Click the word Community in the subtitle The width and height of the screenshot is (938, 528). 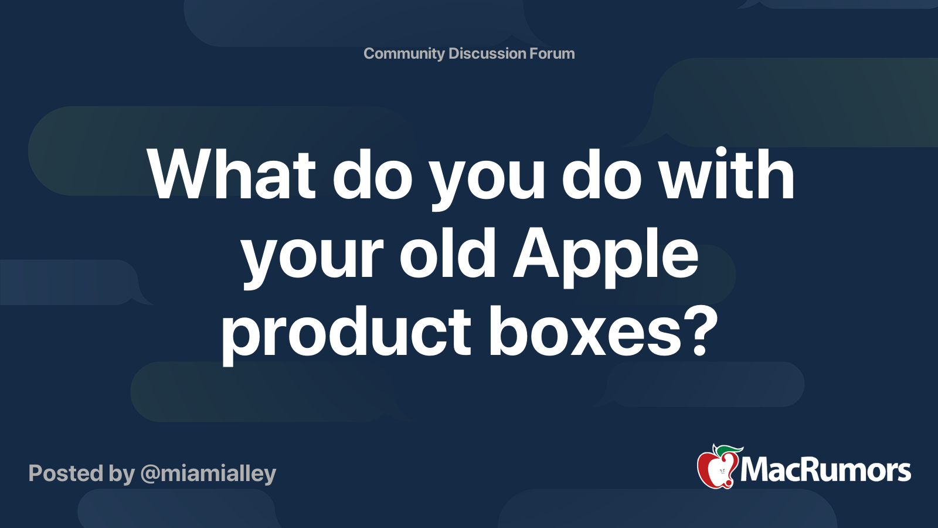pos(404,53)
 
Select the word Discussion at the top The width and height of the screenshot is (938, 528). pos(487,53)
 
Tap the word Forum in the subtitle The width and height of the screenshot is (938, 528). pos(552,53)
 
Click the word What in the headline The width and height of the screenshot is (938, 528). pos(232,175)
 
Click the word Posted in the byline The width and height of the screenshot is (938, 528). pos(66,473)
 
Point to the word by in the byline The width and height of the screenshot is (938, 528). pos(121,475)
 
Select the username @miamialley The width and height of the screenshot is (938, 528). pos(208,473)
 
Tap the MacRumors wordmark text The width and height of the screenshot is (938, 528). pos(825,471)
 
